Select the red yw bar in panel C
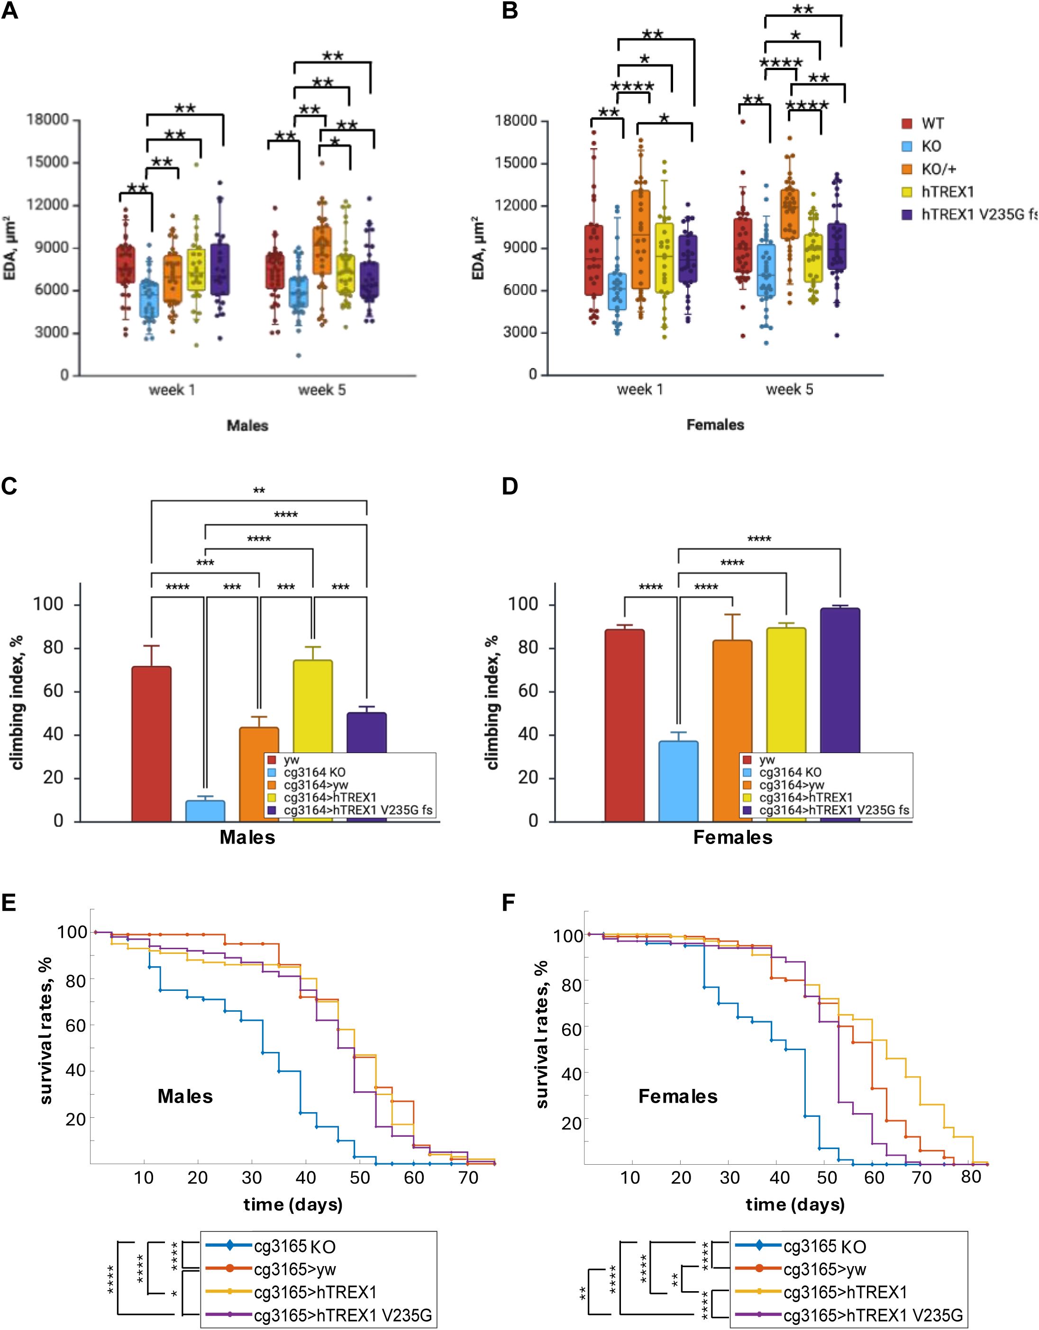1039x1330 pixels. [151, 743]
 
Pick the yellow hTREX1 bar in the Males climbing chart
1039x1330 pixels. [313, 706]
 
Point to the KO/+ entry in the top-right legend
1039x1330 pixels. [939, 169]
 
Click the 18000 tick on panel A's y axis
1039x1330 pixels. [47, 119]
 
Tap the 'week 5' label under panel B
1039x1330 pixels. [789, 390]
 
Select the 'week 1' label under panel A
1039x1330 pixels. [172, 390]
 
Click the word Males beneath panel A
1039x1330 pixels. [247, 426]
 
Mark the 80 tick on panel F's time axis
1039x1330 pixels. [971, 1177]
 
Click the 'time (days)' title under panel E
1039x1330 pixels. [293, 1204]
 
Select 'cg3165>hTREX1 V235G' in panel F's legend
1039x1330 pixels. [873, 1315]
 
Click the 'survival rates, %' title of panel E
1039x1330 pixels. [47, 1030]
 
